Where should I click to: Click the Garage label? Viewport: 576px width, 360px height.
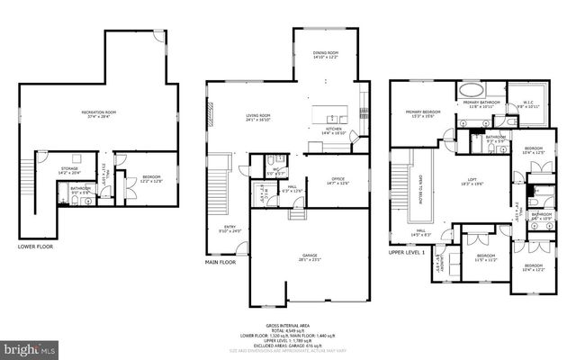pos(309,256)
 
